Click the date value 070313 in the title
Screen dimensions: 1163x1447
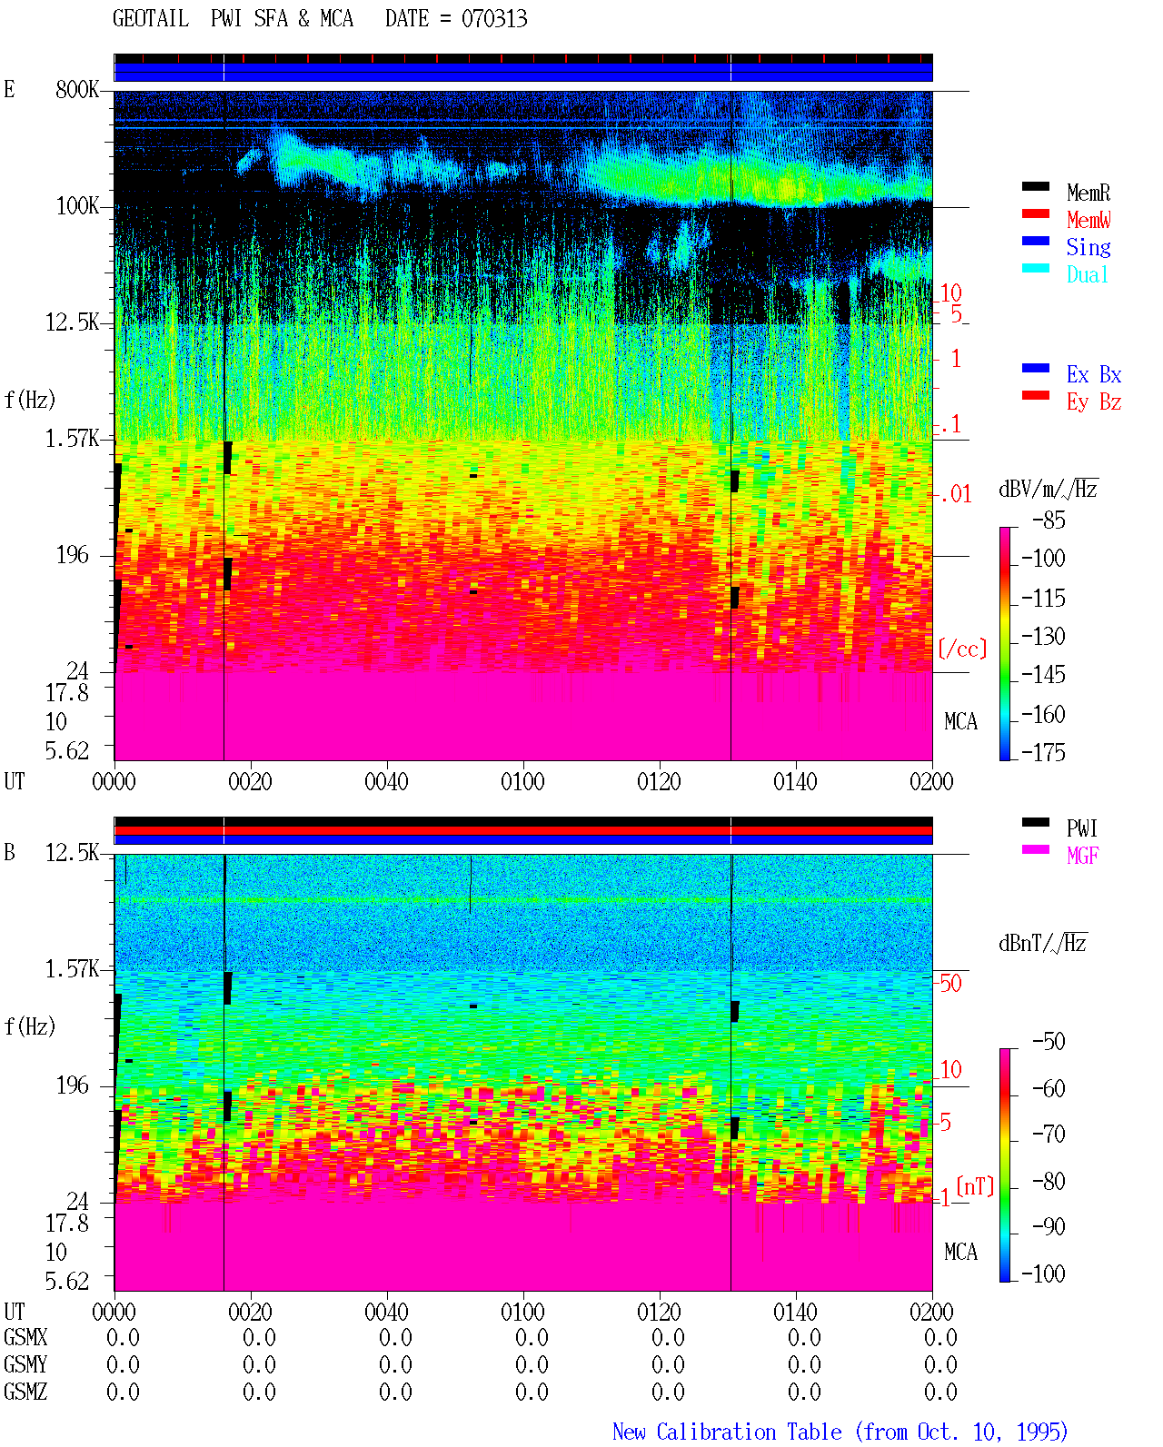pos(493,19)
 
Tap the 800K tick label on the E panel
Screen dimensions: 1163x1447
pos(77,89)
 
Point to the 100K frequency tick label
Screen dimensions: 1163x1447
pos(77,206)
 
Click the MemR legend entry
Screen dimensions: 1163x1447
pos(1088,193)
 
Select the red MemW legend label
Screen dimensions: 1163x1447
pos(1088,220)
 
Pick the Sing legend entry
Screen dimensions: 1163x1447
pos(1088,247)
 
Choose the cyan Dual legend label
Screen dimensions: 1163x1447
pos(1087,274)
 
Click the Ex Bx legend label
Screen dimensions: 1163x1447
pos(1094,374)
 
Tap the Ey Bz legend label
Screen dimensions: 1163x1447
pos(1094,402)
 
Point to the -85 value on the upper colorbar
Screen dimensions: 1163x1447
pos(1049,520)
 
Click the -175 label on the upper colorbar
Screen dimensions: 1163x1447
pos(1043,752)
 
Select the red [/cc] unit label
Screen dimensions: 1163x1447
pos(962,649)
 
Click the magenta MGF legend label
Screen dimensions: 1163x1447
pos(1082,856)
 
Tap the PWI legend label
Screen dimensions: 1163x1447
pos(1081,828)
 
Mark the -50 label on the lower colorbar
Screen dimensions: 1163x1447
pos(1049,1042)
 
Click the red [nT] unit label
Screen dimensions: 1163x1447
pos(975,1185)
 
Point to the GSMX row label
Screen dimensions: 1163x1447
pos(25,1337)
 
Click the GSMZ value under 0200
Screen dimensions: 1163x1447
pos(940,1392)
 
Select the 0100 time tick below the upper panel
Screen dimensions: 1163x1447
pos(522,781)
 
